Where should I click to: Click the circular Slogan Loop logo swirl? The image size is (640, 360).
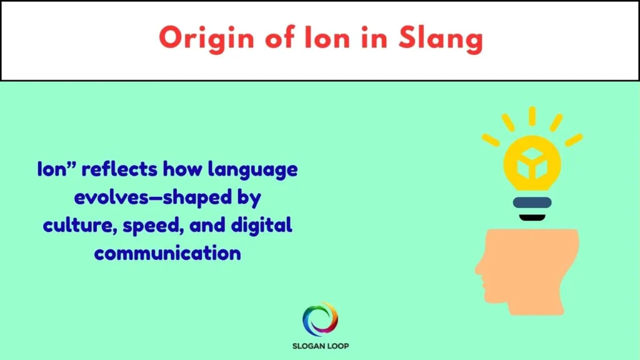point(320,319)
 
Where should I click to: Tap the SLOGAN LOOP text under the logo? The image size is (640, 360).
point(320,346)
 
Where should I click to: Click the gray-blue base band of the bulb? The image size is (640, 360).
point(532,202)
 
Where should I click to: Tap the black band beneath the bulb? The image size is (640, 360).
point(532,217)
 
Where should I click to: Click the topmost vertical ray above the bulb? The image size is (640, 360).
point(532,116)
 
